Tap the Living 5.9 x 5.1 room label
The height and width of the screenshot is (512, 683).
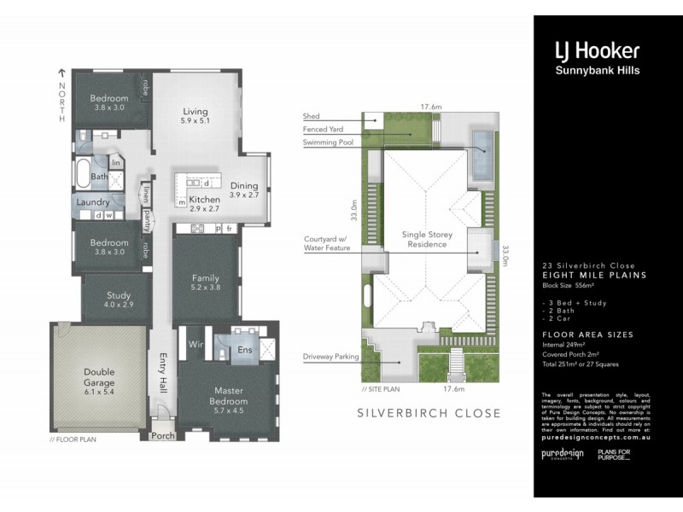click(195, 116)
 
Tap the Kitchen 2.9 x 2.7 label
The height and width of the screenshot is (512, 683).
click(205, 203)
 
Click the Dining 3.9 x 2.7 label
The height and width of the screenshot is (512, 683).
click(245, 189)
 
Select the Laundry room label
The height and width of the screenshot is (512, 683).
click(93, 202)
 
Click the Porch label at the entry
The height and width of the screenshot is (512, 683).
click(162, 436)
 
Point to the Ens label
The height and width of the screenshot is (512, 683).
click(243, 349)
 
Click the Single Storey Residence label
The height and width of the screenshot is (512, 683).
click(426, 238)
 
